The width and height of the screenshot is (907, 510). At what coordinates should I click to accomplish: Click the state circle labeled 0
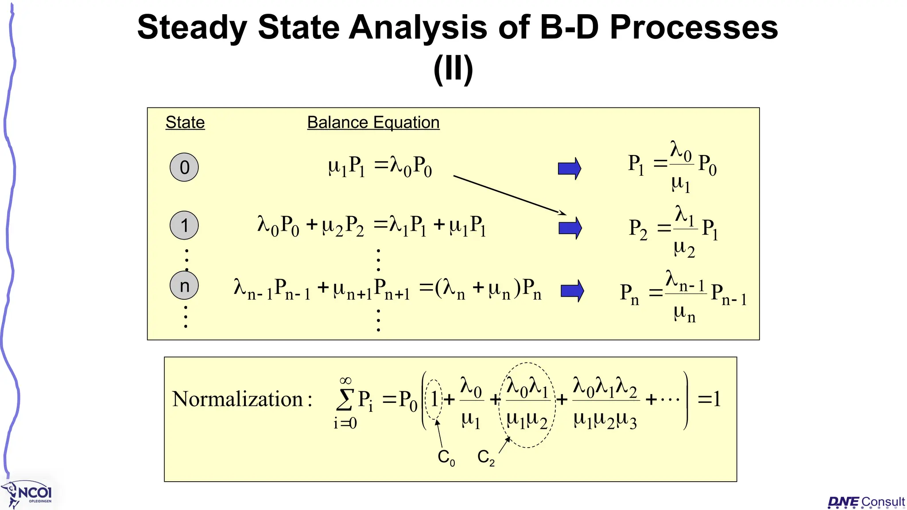click(x=184, y=167)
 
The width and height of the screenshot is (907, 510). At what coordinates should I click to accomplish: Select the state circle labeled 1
click(x=184, y=225)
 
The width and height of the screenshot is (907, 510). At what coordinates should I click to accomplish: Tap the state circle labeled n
click(x=184, y=286)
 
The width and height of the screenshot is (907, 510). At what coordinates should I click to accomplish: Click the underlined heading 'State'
click(x=185, y=123)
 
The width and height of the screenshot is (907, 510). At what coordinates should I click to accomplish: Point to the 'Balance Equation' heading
click(x=373, y=123)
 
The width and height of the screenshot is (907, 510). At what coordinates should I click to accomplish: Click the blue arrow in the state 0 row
click(x=570, y=168)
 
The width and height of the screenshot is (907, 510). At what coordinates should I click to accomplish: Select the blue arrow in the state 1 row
click(x=570, y=228)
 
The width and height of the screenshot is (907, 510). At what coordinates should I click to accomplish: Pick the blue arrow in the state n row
click(x=572, y=291)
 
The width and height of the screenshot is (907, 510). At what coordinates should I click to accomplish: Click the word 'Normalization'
click(x=238, y=399)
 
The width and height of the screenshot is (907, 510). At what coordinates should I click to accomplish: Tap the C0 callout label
click(x=446, y=457)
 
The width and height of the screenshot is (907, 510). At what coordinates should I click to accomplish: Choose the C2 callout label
click(x=486, y=457)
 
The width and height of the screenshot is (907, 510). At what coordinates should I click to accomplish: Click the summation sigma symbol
click(x=345, y=400)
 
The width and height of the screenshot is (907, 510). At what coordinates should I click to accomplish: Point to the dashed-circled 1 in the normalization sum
click(x=434, y=399)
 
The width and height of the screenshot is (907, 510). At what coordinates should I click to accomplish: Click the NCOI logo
click(x=29, y=494)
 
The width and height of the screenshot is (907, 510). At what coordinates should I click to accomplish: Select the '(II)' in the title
click(x=453, y=69)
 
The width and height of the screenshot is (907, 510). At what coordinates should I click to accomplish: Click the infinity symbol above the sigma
click(x=345, y=381)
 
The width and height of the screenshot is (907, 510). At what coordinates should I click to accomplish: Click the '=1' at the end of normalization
click(x=709, y=399)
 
